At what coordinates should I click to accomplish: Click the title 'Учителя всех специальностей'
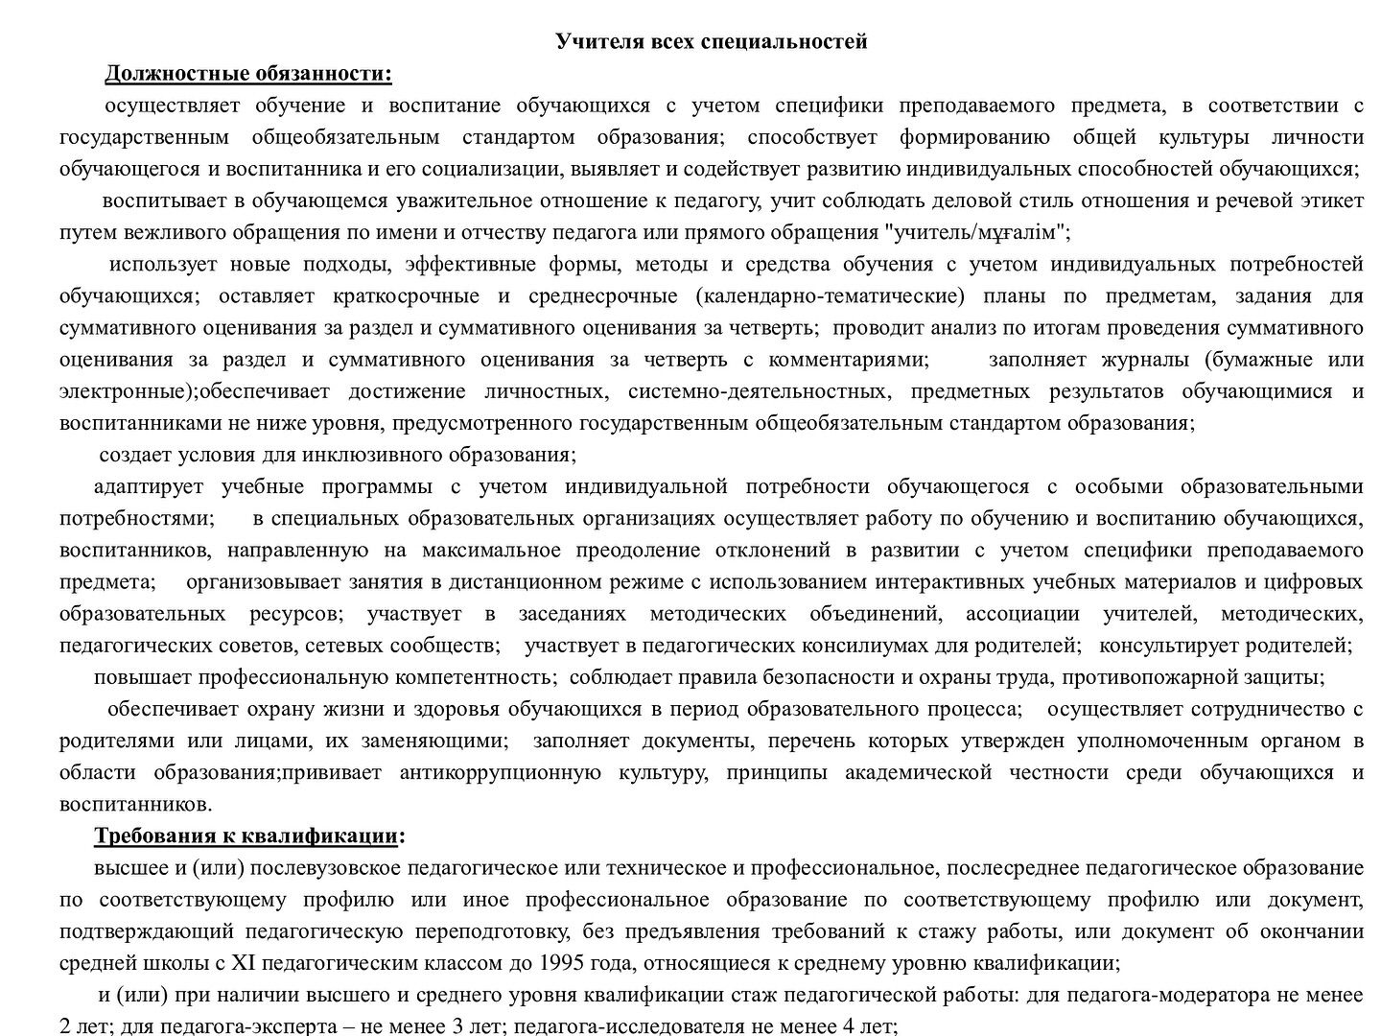[x=712, y=41]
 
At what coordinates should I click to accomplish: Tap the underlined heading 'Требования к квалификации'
[x=246, y=836]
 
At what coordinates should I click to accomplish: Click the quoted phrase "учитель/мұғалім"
[x=977, y=232]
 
